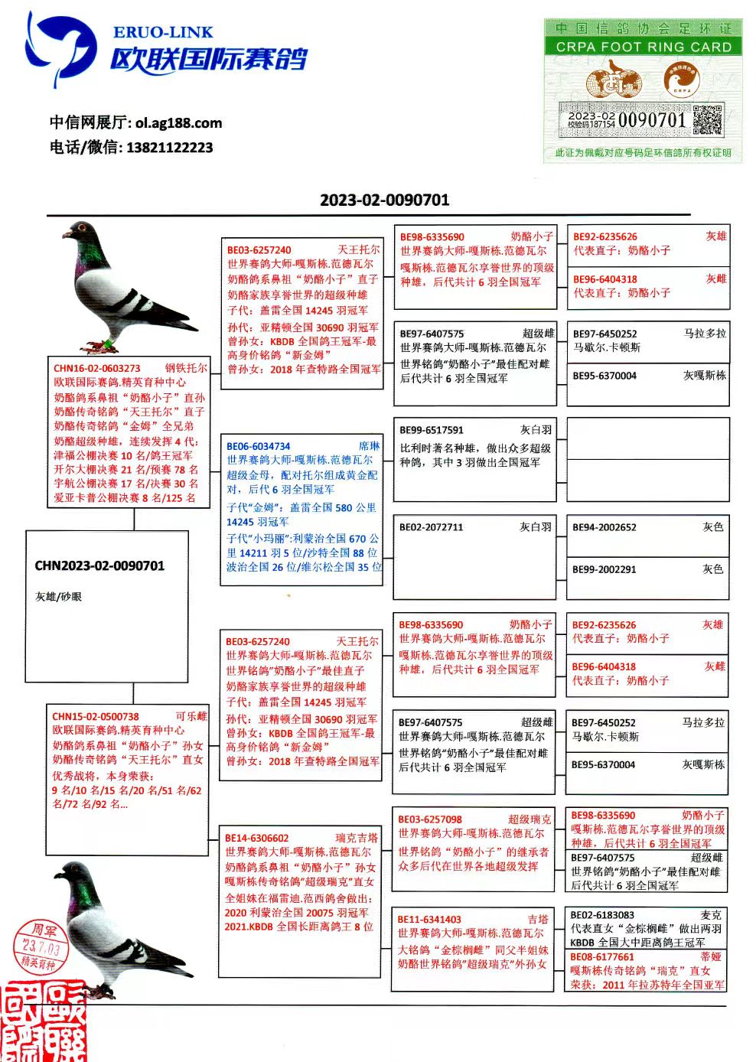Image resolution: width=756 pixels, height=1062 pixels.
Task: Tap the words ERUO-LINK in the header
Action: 163,32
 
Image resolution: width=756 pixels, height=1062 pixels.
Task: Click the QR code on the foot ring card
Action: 707,119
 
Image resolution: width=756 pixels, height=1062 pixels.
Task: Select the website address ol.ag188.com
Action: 178,122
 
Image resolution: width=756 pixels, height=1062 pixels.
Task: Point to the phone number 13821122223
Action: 169,148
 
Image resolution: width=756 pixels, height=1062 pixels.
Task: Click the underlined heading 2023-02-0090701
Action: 384,200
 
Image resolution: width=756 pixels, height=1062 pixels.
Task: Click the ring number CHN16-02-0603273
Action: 97,368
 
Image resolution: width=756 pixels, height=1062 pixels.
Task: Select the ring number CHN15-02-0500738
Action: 96,717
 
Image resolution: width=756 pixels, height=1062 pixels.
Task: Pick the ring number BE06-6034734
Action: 259,446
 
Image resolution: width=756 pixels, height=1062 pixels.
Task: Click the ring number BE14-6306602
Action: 257,838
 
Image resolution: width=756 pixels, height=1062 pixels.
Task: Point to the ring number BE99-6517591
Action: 432,430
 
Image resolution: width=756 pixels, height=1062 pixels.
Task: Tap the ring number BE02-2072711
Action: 431,527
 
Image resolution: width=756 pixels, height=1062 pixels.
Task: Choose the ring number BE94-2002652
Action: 604,527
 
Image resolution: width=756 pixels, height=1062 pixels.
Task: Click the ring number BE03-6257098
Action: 430,819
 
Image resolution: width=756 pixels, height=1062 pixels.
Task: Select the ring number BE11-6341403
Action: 429,919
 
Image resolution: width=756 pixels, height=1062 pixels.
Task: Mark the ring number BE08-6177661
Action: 602,956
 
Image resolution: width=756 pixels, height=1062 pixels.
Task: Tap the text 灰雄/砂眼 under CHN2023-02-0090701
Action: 58,597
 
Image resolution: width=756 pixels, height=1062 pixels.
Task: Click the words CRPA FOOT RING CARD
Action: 644,47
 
